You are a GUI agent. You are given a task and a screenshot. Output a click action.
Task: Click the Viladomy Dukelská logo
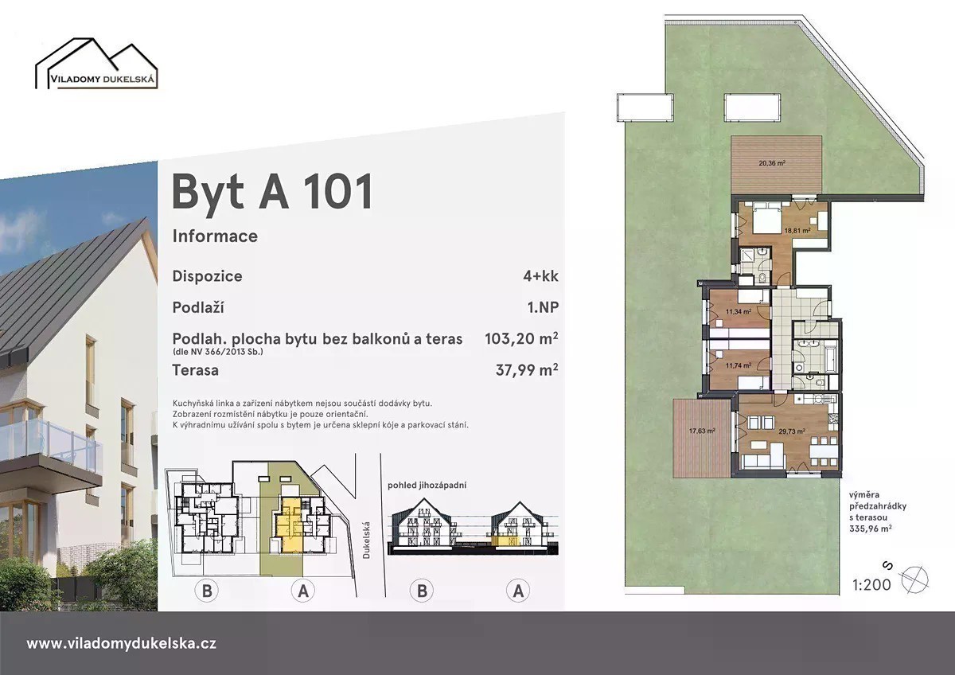[96, 64]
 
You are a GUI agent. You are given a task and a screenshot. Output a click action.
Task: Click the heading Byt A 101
[272, 192]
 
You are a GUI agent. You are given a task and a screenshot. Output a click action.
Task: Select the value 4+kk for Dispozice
[540, 276]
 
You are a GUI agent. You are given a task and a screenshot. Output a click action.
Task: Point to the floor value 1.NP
[543, 307]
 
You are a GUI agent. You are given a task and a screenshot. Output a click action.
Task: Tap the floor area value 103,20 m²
[521, 338]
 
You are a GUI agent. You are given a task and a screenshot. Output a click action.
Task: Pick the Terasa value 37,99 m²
[527, 369]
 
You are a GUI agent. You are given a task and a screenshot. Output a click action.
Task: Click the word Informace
[215, 236]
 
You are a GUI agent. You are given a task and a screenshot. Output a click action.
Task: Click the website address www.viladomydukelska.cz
[121, 643]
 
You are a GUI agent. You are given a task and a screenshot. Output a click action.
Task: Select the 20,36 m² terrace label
[772, 162]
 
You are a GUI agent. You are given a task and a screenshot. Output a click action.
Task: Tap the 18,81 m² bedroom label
[797, 231]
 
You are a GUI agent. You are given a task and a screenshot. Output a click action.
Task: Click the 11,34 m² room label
[739, 312]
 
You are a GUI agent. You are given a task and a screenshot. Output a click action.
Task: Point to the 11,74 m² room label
[739, 365]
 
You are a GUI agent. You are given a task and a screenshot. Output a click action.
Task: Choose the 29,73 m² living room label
[792, 431]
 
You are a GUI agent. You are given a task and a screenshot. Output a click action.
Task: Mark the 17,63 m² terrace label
[702, 431]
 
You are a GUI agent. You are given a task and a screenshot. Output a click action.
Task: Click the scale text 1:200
[871, 584]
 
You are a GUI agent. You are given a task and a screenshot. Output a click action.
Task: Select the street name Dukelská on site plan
[366, 540]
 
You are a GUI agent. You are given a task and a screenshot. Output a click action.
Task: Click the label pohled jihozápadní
[427, 486]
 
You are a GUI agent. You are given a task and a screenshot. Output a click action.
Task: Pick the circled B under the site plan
[207, 591]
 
